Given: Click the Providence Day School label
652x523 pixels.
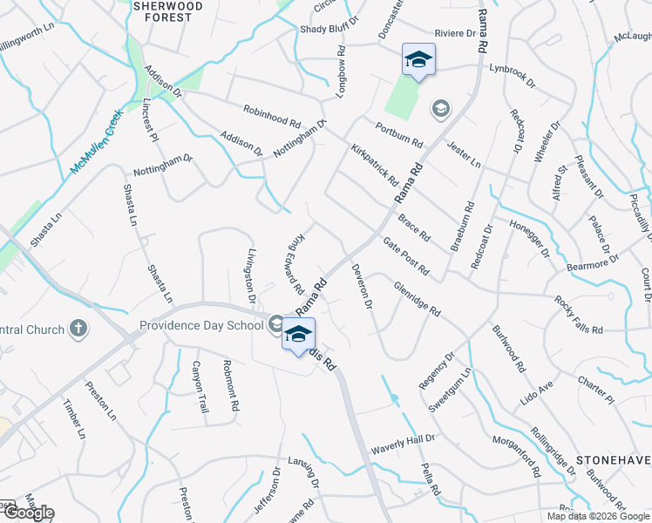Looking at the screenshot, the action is point(201,326).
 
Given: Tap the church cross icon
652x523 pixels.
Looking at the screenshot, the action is point(78,329).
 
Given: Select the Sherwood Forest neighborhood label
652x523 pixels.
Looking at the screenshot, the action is point(167,10).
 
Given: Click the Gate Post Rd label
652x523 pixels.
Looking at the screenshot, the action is point(405,257).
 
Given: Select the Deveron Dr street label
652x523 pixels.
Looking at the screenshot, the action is point(363,288).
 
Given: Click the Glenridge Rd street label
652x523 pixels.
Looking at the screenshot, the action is point(417,298).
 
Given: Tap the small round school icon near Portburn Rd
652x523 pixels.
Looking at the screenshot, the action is point(440,109).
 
